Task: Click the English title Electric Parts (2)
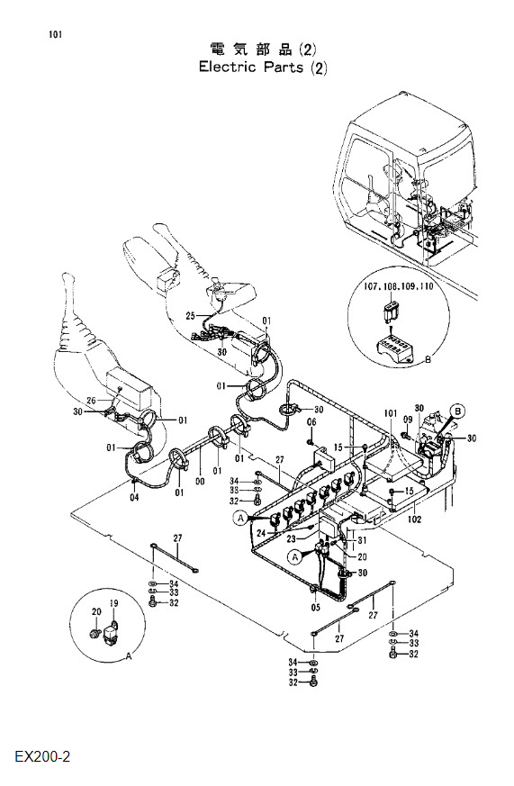(x=263, y=68)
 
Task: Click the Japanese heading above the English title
(x=263, y=50)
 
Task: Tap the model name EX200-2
(x=42, y=756)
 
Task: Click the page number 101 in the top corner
(x=56, y=34)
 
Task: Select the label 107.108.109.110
(x=399, y=286)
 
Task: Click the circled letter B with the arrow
(x=457, y=411)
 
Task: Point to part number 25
(x=190, y=316)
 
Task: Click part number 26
(x=91, y=401)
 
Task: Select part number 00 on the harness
(x=200, y=481)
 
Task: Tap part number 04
(x=134, y=497)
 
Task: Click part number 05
(x=316, y=608)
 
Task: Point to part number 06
(x=311, y=422)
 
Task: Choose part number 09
(x=408, y=420)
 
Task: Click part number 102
(x=414, y=519)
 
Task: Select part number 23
(x=292, y=539)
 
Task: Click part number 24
(x=261, y=534)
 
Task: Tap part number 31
(x=362, y=540)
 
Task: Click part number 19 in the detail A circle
(x=113, y=603)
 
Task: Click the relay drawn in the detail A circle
(x=111, y=634)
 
